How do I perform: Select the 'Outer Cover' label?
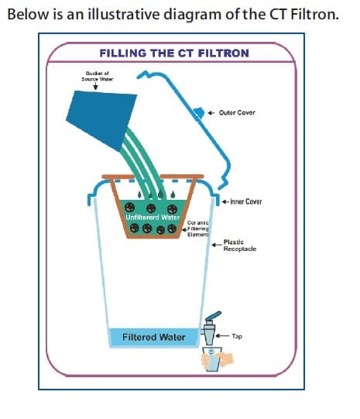pos(237,112)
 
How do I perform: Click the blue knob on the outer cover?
pos(198,113)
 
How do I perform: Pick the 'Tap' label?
pos(237,337)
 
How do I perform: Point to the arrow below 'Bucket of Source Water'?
pos(94,87)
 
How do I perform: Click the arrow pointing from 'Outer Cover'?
pos(211,112)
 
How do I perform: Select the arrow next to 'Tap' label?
pos(225,337)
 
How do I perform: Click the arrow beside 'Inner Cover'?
pos(223,201)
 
